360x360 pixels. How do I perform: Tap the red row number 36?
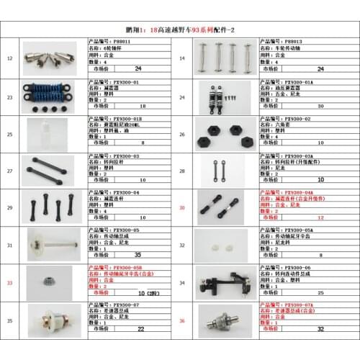pyautogui.click(x=181, y=320)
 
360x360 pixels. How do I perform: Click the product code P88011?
pyautogui.click(x=121, y=42)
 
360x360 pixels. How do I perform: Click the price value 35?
pyautogui.click(x=138, y=255)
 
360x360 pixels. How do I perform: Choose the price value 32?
pyautogui.click(x=320, y=330)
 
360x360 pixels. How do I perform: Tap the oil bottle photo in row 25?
pyautogui.click(x=48, y=134)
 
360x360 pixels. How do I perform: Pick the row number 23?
pyautogui.click(x=9, y=96)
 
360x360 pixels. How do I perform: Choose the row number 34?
pyautogui.click(x=181, y=284)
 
